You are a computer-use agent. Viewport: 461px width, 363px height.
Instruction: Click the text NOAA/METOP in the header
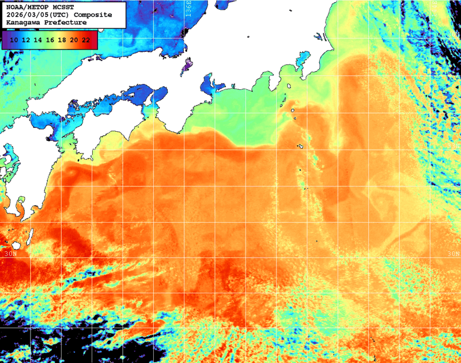click(26, 7)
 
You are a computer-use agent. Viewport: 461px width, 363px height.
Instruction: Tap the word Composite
click(95, 15)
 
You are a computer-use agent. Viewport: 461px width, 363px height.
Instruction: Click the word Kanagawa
click(24, 22)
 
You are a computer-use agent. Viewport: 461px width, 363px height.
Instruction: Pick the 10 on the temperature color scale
click(14, 40)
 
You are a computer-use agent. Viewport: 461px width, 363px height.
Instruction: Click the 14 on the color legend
click(38, 40)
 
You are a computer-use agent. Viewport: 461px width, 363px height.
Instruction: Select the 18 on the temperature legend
click(62, 40)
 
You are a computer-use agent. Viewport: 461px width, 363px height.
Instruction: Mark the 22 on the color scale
click(86, 40)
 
